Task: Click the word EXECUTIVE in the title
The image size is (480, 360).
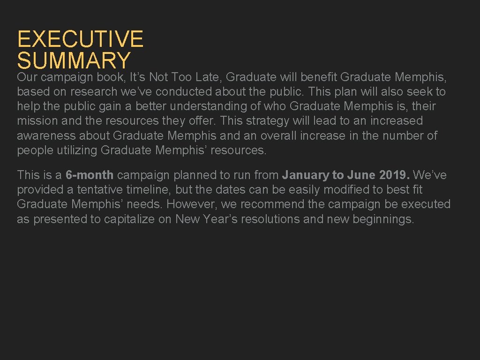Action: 80,39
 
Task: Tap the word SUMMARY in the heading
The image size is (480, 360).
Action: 74,60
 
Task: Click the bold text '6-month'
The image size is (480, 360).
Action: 90,175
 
